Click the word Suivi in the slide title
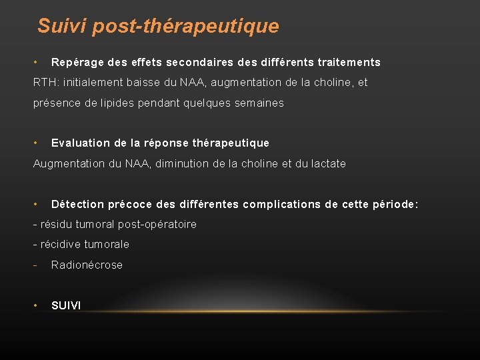pos(62,27)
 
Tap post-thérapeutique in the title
pos(186,27)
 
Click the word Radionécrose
pos(87,265)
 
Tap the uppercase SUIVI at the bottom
pos(66,305)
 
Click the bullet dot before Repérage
pos(35,63)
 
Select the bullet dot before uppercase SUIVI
pos(35,305)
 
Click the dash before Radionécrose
pos(35,265)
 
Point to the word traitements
pos(349,63)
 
